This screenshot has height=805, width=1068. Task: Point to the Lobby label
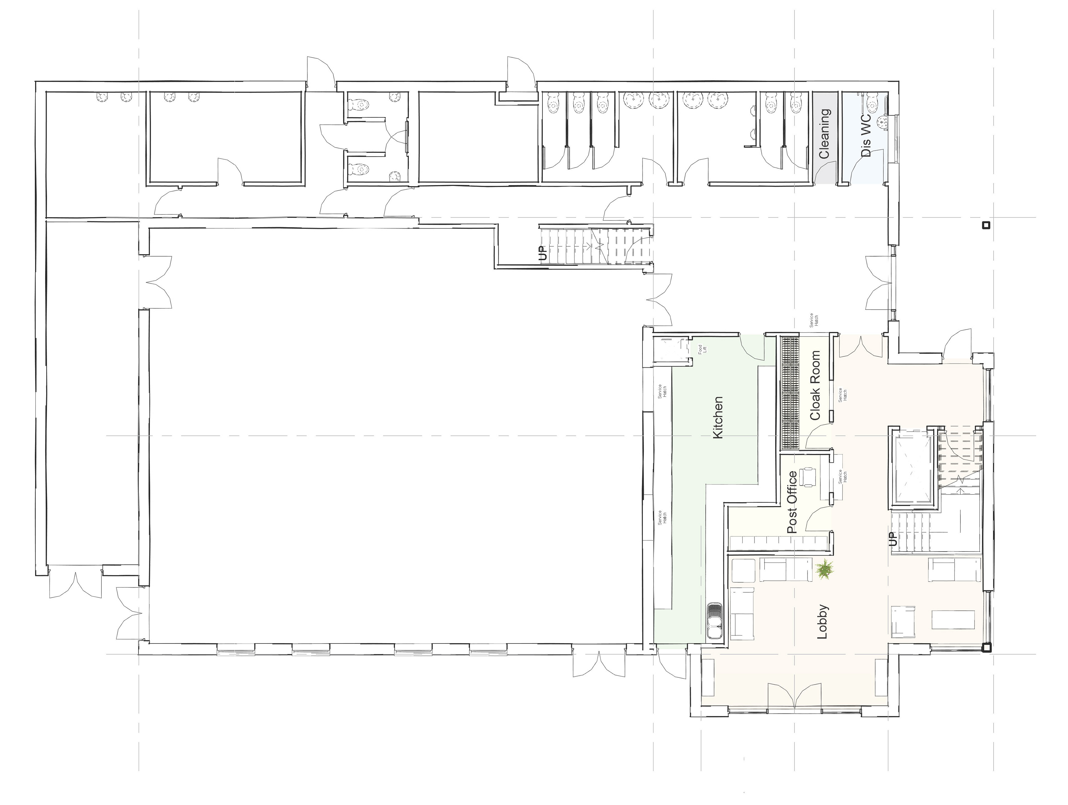click(x=822, y=622)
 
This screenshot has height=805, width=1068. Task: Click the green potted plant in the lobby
click(x=825, y=570)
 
